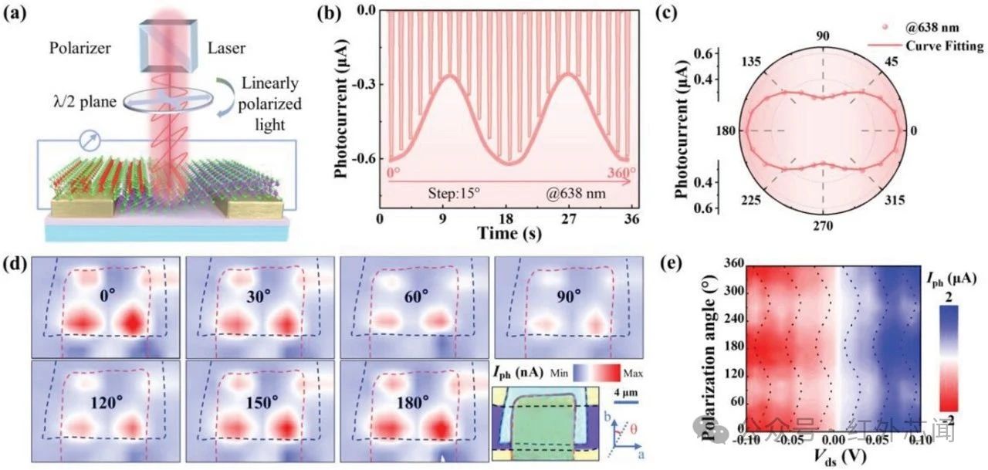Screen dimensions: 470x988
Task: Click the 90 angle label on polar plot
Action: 823,36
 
